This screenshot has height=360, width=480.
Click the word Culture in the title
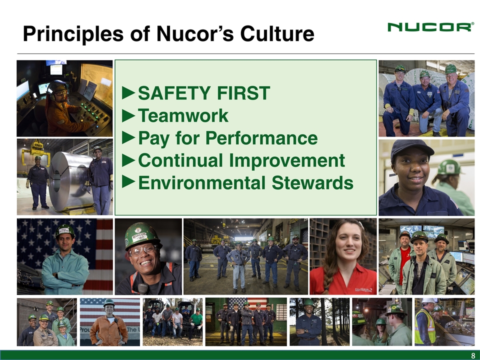pos(277,33)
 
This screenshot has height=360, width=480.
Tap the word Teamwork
pos(183,115)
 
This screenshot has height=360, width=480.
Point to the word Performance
pos(261,138)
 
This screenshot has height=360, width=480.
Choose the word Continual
pos(180,160)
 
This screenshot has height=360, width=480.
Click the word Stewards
pos(312,183)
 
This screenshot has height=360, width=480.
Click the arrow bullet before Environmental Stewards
pos(128,182)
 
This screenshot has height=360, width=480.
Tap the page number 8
pos(473,355)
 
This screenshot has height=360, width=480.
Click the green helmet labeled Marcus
pos(141,235)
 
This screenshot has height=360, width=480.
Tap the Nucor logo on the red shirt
pos(363,289)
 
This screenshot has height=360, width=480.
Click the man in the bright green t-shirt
pos(196,323)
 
